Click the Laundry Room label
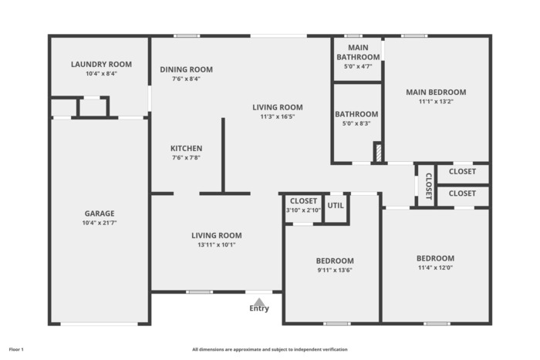pos(101,64)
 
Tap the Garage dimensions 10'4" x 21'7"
pos(100,223)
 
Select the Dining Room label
pos(187,69)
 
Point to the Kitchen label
pos(187,148)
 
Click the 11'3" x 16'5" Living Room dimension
pos(278,116)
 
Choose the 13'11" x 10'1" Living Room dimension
pos(217,245)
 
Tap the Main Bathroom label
pos(358,52)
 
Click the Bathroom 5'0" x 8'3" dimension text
pos(356,123)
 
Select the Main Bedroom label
pos(436,93)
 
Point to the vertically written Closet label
pos(429,187)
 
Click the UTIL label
pos(336,206)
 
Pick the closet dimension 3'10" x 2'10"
pos(303,210)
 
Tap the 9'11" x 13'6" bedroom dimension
pos(335,270)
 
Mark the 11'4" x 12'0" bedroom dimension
pos(435,267)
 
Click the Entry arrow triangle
pos(259,302)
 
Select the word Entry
pos(259,308)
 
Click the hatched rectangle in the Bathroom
pos(379,153)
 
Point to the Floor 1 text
pos(16,350)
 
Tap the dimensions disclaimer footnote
pos(270,350)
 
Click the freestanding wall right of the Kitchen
pos(223,155)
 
